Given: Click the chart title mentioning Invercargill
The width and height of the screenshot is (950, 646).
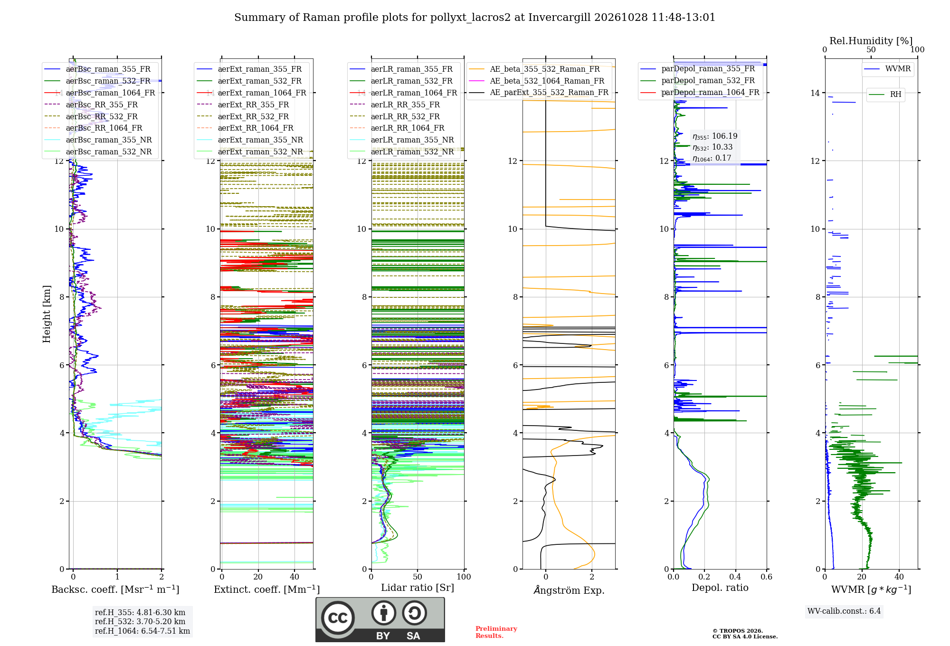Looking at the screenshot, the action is point(475,18).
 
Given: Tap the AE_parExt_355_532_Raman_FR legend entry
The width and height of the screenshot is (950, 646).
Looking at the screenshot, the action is point(539,92).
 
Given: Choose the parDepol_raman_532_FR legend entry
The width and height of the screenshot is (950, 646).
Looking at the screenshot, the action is point(698,80).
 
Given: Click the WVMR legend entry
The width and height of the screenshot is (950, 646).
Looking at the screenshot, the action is point(887,69).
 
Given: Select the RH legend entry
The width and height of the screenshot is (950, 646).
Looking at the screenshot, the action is point(885,94).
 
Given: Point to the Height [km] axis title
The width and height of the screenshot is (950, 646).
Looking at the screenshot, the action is point(47,314).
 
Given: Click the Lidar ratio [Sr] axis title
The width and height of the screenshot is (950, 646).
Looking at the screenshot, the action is point(418,588).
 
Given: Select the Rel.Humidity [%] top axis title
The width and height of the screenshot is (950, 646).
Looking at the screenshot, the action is point(871,41).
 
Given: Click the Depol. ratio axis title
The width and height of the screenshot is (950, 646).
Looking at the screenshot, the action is point(720,588).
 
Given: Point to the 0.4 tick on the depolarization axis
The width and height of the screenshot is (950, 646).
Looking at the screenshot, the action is point(735,577).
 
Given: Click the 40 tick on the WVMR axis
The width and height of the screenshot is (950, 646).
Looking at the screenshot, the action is point(899,577).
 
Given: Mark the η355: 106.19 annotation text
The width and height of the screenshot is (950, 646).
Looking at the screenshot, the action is point(715,136).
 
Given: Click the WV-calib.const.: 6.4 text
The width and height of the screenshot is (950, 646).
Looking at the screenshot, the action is point(844,611).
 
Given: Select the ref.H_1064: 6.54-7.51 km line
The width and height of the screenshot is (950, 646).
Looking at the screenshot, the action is point(142,631).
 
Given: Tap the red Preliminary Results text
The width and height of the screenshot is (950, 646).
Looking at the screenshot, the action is point(496,632).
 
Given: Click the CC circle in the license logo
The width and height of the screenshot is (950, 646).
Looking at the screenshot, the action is point(338,617).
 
